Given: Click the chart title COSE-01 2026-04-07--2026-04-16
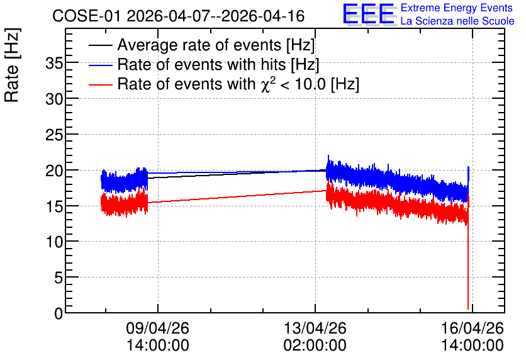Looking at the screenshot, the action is click(179, 16).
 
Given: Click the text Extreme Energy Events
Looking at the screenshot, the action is click(457, 8).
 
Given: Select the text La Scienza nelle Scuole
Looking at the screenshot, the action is click(457, 21).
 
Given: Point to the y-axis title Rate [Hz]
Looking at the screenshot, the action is click(12, 65).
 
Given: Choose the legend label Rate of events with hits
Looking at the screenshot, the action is click(218, 64).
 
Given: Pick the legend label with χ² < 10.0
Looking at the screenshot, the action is click(238, 84).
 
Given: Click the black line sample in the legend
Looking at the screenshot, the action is click(100, 45).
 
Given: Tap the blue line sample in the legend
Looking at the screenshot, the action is click(100, 65).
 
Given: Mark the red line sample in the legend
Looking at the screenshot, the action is click(100, 84).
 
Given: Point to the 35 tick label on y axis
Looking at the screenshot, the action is click(54, 63).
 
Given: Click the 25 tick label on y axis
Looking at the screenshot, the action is click(54, 135).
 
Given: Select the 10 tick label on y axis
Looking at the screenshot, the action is click(54, 242).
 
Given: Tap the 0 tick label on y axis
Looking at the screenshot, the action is click(59, 313).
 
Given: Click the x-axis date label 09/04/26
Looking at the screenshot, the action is click(158, 328).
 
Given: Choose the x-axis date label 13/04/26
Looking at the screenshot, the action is click(315, 328).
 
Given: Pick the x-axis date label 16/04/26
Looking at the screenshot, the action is click(473, 328).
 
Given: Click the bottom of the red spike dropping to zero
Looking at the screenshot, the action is click(468, 308).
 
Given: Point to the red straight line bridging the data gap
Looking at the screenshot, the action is click(237, 196).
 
